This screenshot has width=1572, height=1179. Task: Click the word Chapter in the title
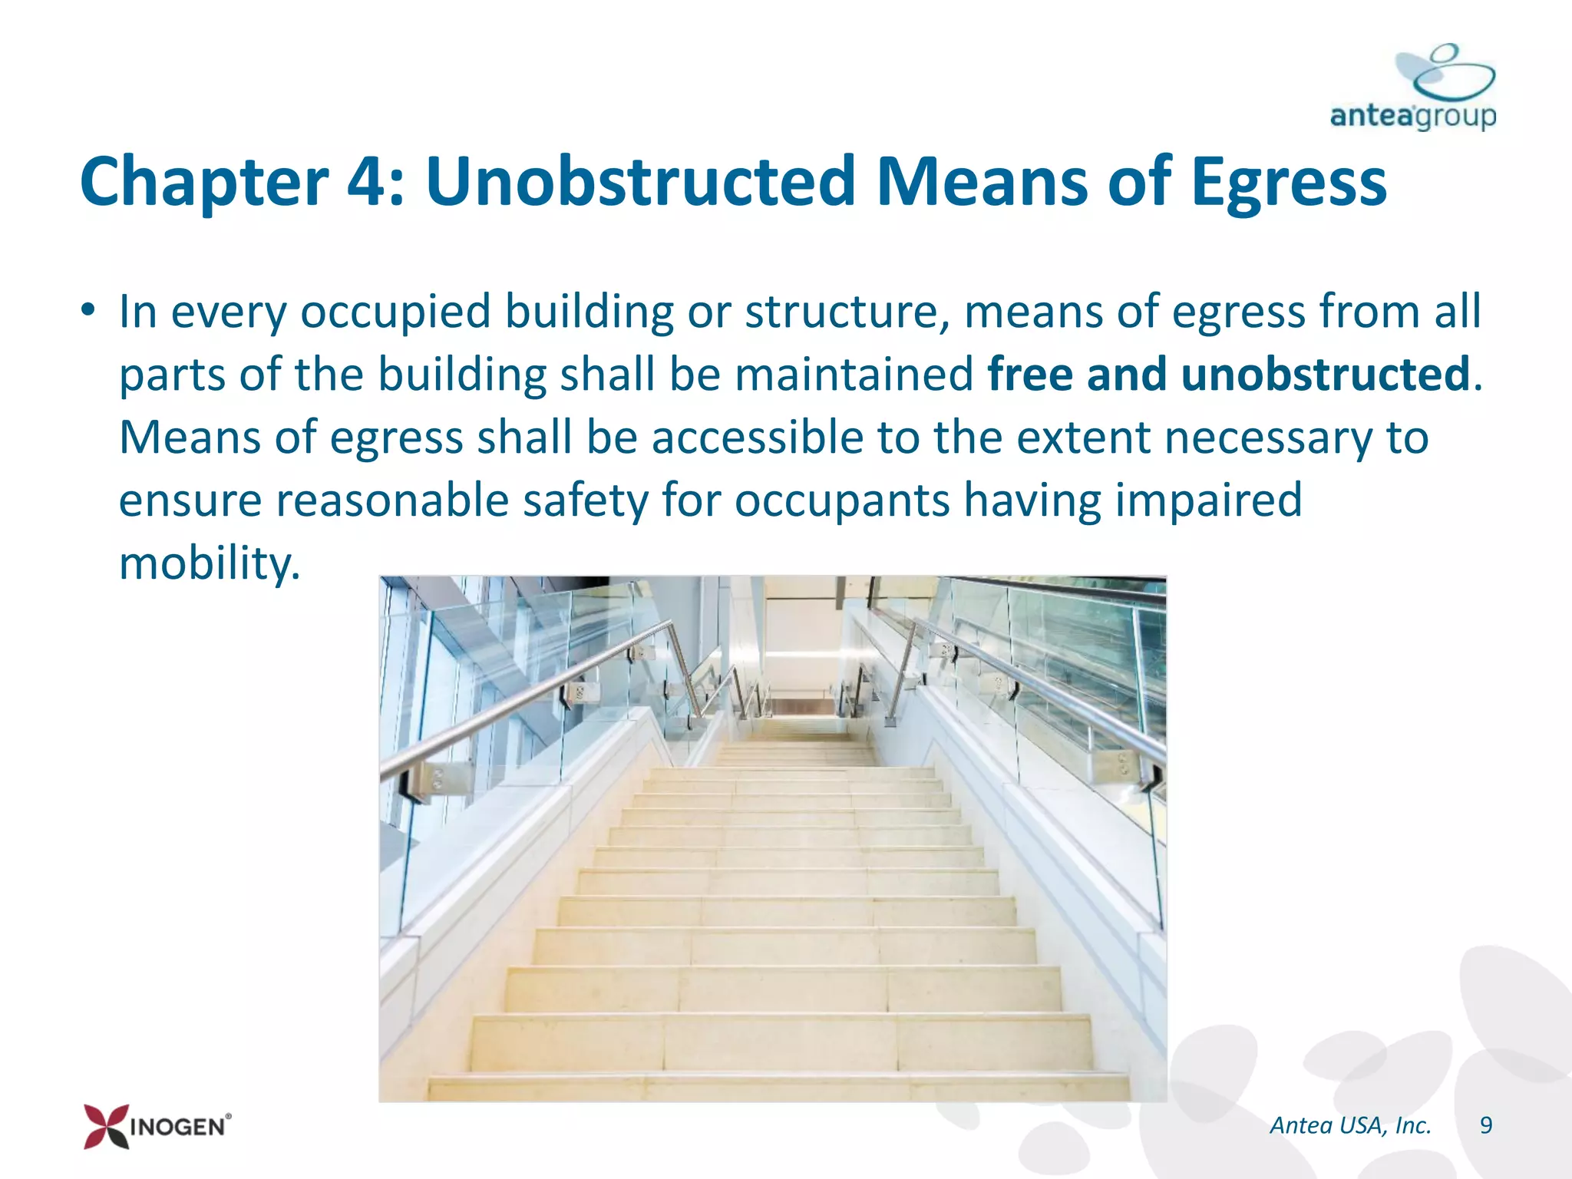tap(204, 183)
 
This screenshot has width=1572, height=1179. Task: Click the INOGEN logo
tap(157, 1126)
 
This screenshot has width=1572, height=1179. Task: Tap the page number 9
tap(1485, 1125)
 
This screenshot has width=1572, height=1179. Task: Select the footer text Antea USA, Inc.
tap(1350, 1125)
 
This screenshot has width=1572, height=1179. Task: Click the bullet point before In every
tap(89, 312)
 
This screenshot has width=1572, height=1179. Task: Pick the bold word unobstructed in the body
tap(1324, 375)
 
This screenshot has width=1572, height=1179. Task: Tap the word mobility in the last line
tap(207, 563)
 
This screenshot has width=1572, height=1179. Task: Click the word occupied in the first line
tap(395, 313)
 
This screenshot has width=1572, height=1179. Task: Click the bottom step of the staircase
tap(777, 1087)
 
